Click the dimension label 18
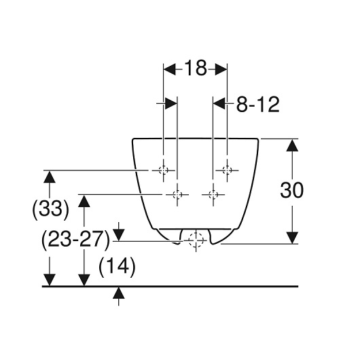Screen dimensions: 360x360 [x=196, y=68]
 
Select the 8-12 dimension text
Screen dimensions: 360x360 [x=258, y=105]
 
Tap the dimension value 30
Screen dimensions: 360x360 [x=292, y=190]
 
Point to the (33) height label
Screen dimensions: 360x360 [x=50, y=209]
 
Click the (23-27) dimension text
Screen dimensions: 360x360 [x=76, y=240]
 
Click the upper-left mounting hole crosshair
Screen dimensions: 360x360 [x=163, y=170]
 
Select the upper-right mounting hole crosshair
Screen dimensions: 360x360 [x=227, y=170]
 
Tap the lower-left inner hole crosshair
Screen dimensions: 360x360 [x=177, y=195]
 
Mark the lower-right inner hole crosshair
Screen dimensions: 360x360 [x=213, y=195]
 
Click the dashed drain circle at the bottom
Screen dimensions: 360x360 [x=196, y=240]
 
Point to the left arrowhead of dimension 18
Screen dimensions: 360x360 [x=169, y=69]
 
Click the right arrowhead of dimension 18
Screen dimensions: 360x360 [x=221, y=69]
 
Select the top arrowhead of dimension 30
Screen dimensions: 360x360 [x=292, y=145]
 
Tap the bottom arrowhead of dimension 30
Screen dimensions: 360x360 [x=292, y=238]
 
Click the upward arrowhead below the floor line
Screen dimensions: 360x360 [x=118, y=293]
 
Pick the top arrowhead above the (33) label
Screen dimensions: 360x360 [x=50, y=177]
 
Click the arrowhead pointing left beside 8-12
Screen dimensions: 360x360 [x=219, y=103]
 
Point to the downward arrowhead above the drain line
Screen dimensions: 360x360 [x=118, y=235]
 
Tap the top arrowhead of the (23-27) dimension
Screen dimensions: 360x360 [x=84, y=201]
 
